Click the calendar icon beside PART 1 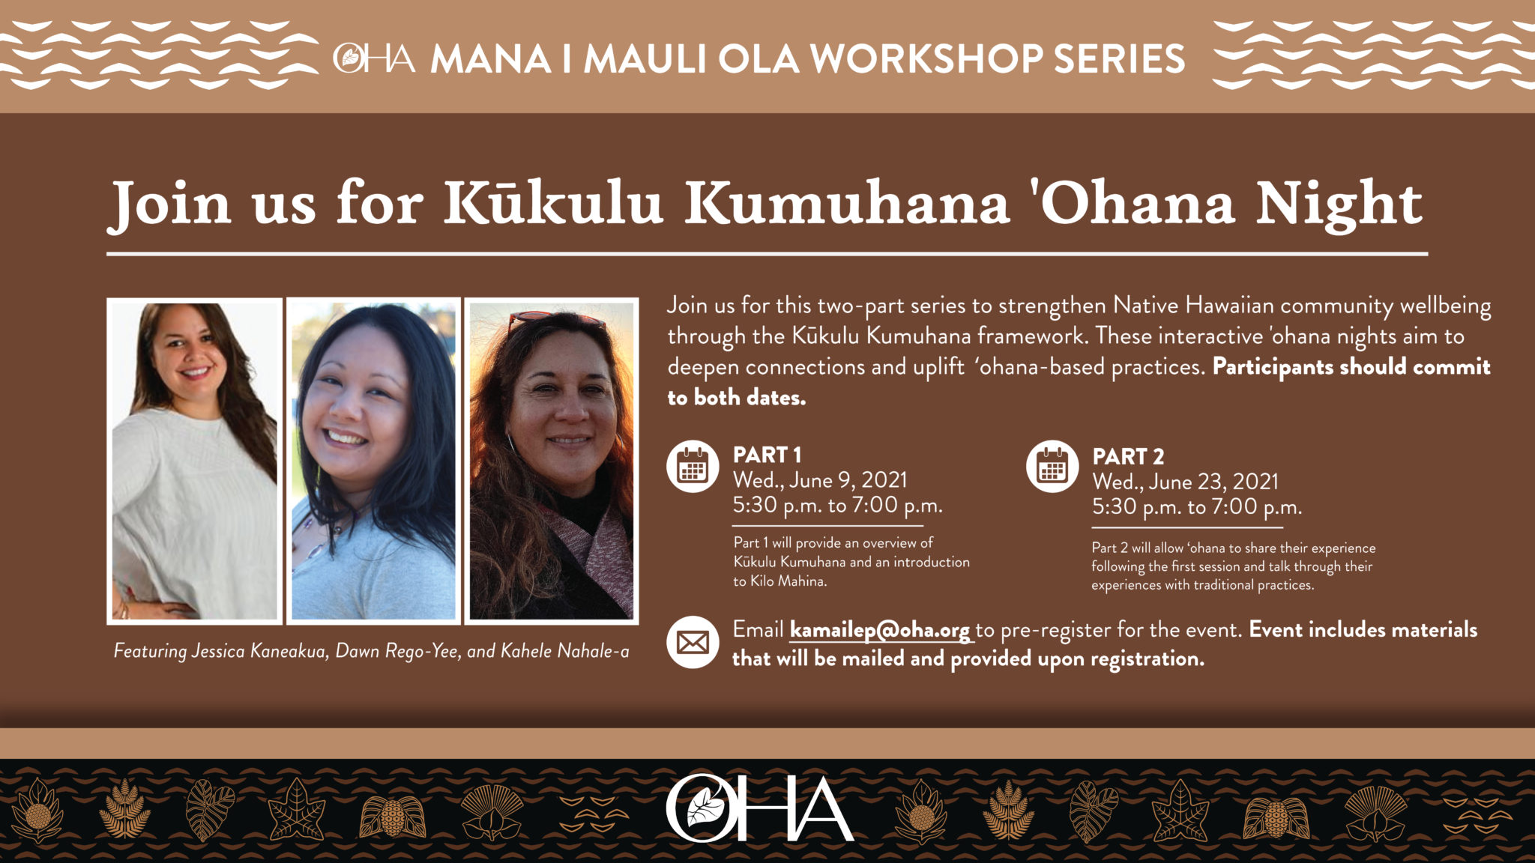(693, 466)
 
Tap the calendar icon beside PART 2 (1052, 466)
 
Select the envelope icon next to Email (693, 642)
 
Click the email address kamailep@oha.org (880, 630)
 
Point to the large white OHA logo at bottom (759, 808)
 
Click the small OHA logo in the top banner (374, 58)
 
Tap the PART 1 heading (767, 455)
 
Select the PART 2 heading (1128, 456)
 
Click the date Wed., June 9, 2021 (820, 480)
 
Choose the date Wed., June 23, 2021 (1185, 482)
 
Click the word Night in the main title (1339, 204)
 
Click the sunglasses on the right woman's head (555, 321)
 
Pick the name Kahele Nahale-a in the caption (565, 651)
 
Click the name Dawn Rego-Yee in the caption (396, 651)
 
